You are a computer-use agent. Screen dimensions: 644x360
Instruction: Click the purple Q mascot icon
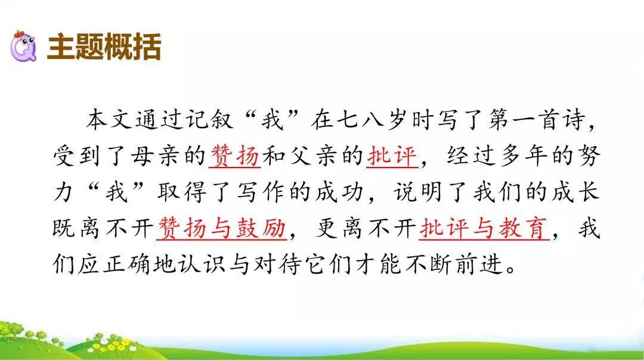coord(23,46)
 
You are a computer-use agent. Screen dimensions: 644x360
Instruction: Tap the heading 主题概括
coord(104,47)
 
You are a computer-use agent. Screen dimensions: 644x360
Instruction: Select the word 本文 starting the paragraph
coord(109,119)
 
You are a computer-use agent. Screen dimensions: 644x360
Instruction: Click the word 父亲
coord(314,156)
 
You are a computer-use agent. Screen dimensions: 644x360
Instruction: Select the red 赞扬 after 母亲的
coord(235,156)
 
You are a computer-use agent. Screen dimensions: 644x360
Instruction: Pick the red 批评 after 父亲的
coord(392,156)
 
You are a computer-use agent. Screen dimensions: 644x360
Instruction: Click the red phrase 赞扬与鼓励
coord(222,228)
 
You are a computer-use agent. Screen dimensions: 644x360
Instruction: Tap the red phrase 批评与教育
coord(484,228)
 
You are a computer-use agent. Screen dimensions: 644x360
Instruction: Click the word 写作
coord(261,192)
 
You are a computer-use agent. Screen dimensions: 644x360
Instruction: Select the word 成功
coord(340,192)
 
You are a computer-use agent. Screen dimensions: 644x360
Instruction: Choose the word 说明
coord(419,192)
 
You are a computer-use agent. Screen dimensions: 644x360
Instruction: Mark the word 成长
coord(576,192)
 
